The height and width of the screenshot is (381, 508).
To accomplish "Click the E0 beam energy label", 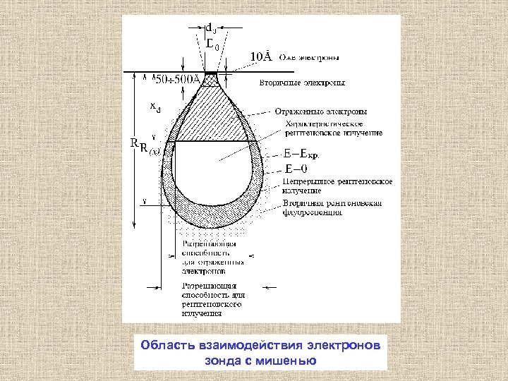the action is coord(212,44).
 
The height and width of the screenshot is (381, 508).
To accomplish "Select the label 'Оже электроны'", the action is coord(312,56).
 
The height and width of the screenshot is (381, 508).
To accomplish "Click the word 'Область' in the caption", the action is coord(165,346).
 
